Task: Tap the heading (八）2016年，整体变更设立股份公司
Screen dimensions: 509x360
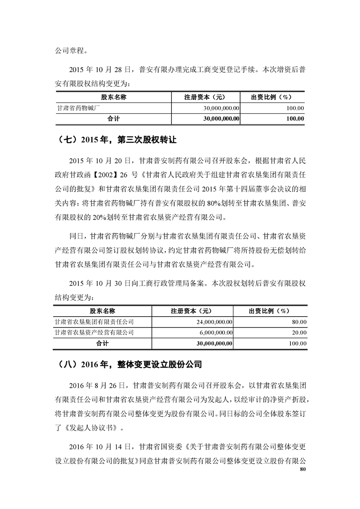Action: pos(127,364)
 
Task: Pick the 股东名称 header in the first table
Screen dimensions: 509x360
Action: pos(113,97)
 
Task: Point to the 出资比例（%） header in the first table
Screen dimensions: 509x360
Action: pos(271,97)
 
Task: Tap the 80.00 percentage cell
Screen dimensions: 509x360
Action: pos(300,322)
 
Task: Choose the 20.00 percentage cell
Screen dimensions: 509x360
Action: pos(300,333)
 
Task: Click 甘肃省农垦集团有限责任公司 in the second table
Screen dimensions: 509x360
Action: pos(94,322)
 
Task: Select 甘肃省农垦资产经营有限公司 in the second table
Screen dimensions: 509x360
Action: pos(94,333)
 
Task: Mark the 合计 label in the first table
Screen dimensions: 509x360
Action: pos(113,118)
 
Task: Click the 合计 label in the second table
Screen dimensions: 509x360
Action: pos(103,343)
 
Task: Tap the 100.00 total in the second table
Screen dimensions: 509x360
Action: pos(298,343)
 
